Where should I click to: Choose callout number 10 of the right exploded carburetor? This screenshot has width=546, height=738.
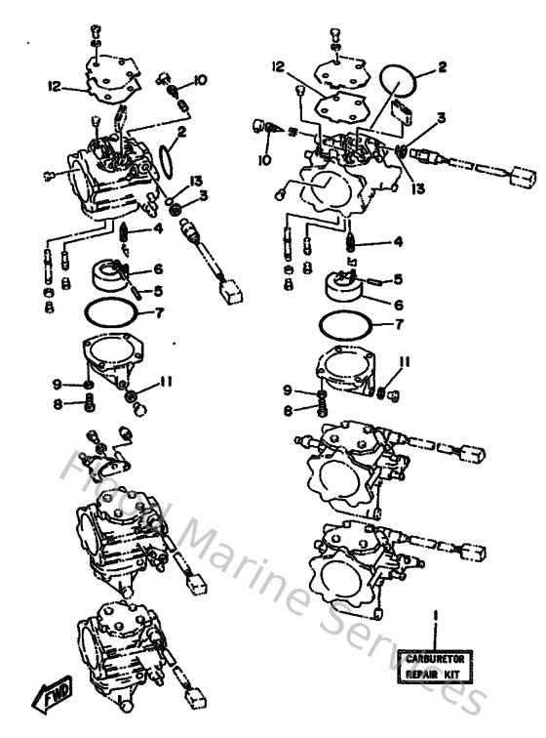264,158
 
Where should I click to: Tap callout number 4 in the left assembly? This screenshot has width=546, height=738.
157,229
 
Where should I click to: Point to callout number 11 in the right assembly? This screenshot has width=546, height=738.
403,363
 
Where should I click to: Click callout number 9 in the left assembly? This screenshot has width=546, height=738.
58,384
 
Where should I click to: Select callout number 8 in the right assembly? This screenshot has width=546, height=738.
288,411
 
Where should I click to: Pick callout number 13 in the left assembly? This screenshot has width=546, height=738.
196,182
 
